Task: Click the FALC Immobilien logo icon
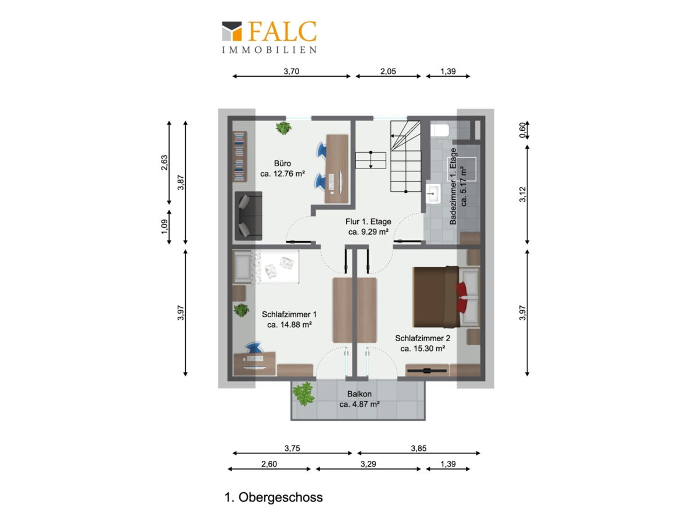point(232,31)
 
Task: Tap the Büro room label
point(282,163)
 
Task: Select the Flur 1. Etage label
point(368,221)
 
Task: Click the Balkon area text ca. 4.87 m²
point(360,404)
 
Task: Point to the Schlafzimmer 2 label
point(422,338)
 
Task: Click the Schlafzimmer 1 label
point(289,314)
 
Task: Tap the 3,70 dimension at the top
point(291,71)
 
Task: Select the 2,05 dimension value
point(388,71)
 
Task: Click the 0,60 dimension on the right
point(522,130)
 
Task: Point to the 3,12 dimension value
point(522,194)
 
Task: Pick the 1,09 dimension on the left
point(164,227)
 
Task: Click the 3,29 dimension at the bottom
point(368,464)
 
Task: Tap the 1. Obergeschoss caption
point(274,497)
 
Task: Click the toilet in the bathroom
point(440,130)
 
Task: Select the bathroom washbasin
point(433,193)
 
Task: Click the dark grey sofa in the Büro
point(249,216)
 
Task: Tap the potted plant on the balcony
point(304,394)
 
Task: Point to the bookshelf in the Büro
point(240,156)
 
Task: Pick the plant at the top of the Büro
point(283,128)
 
